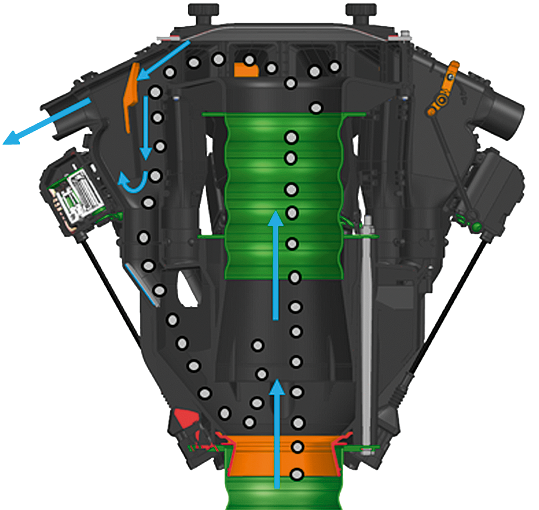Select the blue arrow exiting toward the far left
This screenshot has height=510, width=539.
46,122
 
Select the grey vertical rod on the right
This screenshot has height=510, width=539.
366,325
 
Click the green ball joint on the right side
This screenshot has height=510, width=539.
476,226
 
